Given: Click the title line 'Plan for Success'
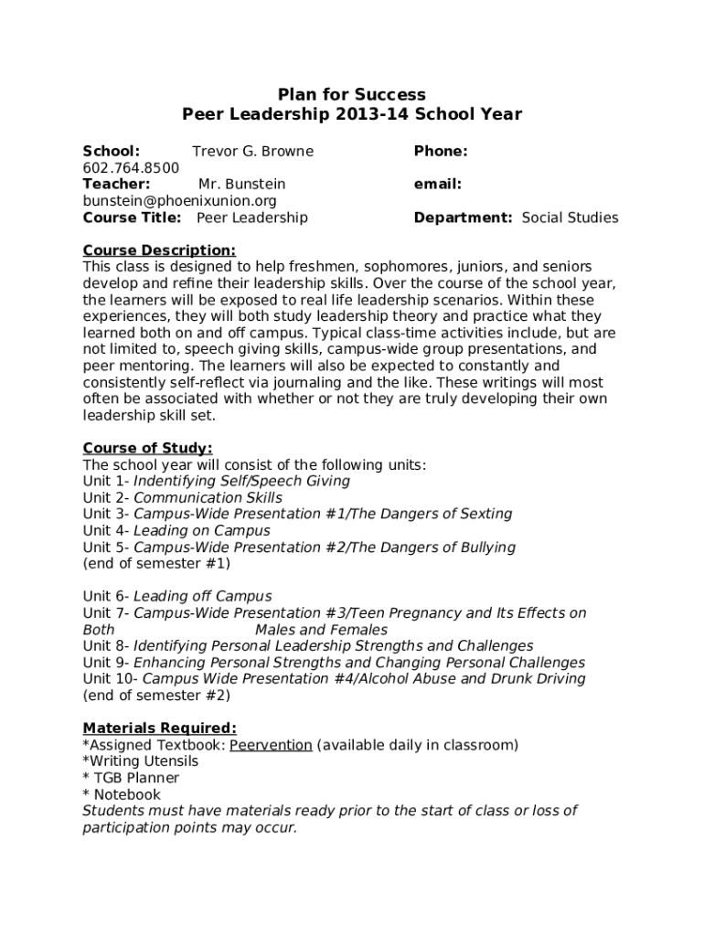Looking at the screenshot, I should tap(352, 95).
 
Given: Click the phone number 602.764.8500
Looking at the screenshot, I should tap(131, 168).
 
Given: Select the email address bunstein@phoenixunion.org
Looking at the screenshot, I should tap(179, 201).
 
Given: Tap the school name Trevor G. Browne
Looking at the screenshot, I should tap(252, 152).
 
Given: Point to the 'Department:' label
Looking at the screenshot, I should tap(463, 218).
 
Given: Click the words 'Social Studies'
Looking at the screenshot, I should tap(570, 218).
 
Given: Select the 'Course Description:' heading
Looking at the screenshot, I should tap(159, 250).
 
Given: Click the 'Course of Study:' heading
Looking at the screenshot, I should tap(147, 448).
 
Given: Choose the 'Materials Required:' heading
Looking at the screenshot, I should tap(159, 729).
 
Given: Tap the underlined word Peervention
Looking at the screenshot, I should tap(271, 745).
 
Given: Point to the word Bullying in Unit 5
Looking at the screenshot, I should tap(484, 548).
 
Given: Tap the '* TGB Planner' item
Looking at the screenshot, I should tap(131, 778).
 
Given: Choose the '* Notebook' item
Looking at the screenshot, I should tap(122, 794).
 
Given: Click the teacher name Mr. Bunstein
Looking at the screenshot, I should tap(241, 185).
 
